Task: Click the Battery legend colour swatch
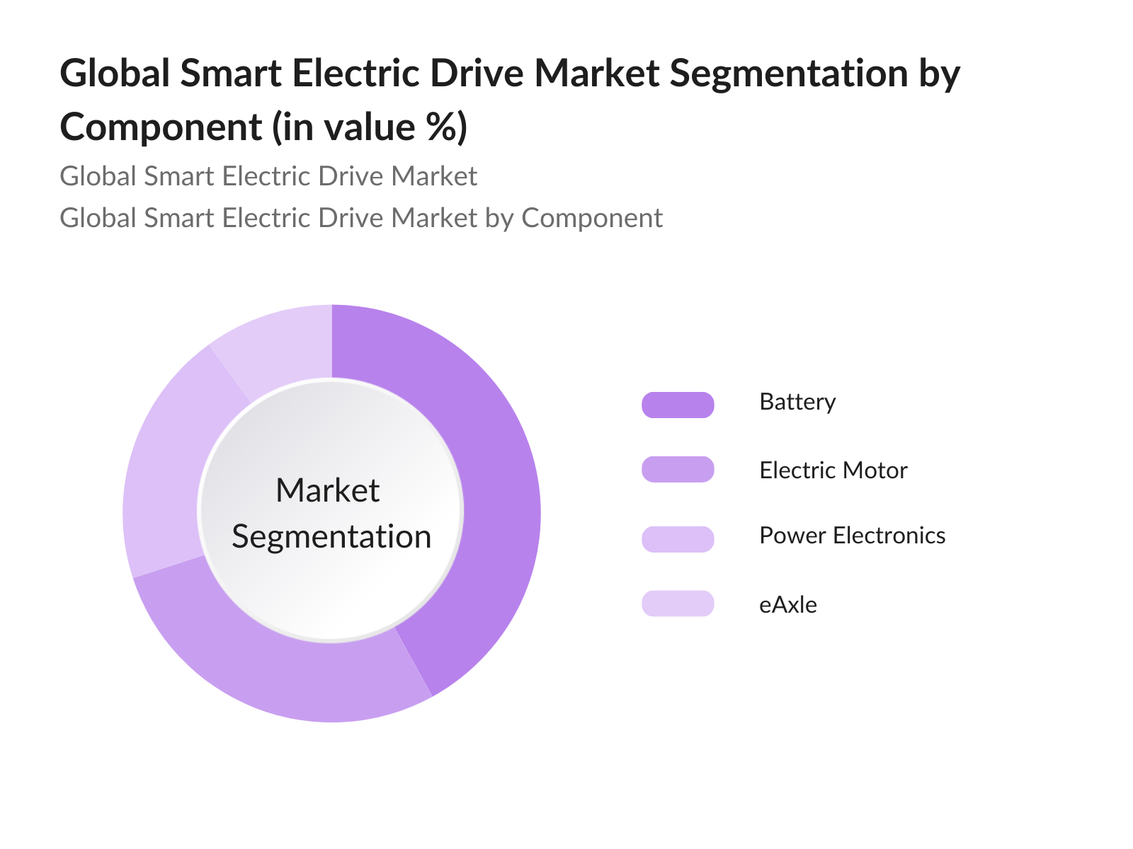678,405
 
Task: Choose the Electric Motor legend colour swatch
678,470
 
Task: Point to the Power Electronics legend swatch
678,539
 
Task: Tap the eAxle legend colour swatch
678,603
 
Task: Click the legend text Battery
797,402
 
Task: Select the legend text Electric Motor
833,470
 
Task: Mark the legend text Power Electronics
852,536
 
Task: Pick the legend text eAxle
787,605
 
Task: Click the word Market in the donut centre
327,490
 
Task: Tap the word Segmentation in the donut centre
331,537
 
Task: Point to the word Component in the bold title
161,127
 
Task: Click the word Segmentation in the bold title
788,74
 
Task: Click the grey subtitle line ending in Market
268,176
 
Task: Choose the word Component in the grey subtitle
592,218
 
